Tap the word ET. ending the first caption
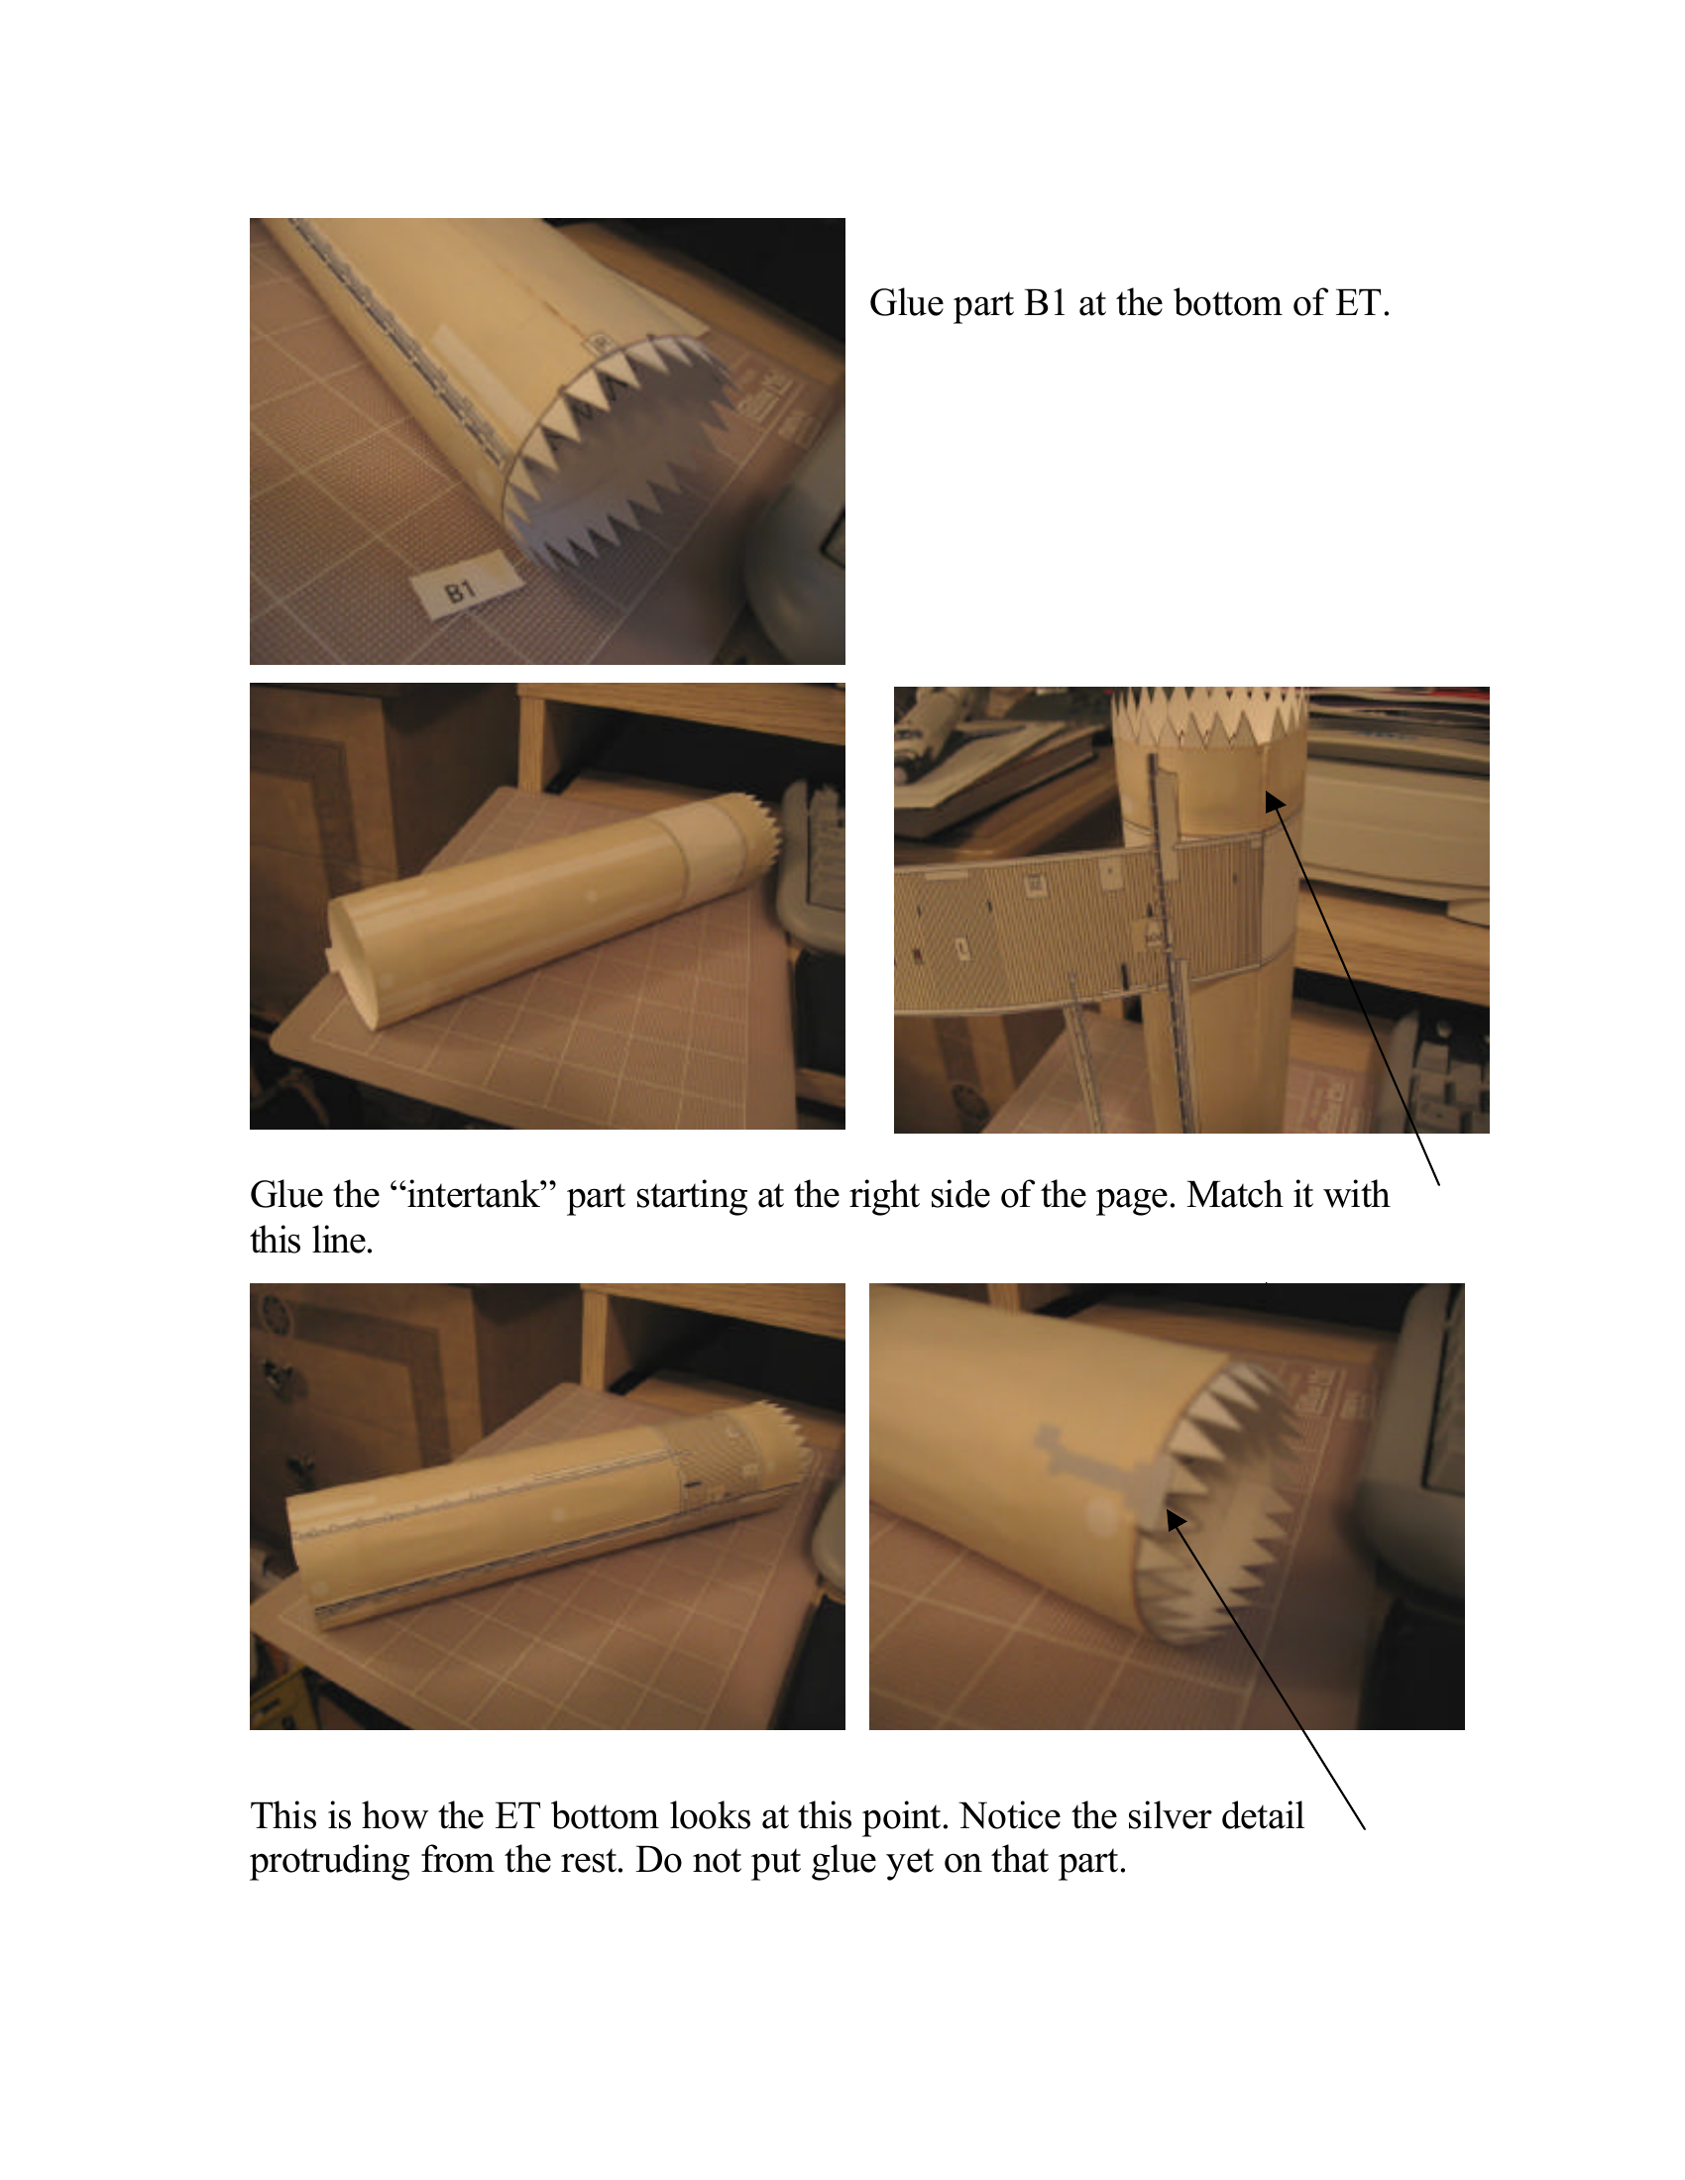point(1363,303)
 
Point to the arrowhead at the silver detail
point(1177,1519)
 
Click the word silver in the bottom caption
point(1171,1815)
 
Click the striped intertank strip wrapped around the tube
point(1078,919)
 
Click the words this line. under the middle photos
point(311,1242)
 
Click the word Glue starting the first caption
point(905,303)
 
